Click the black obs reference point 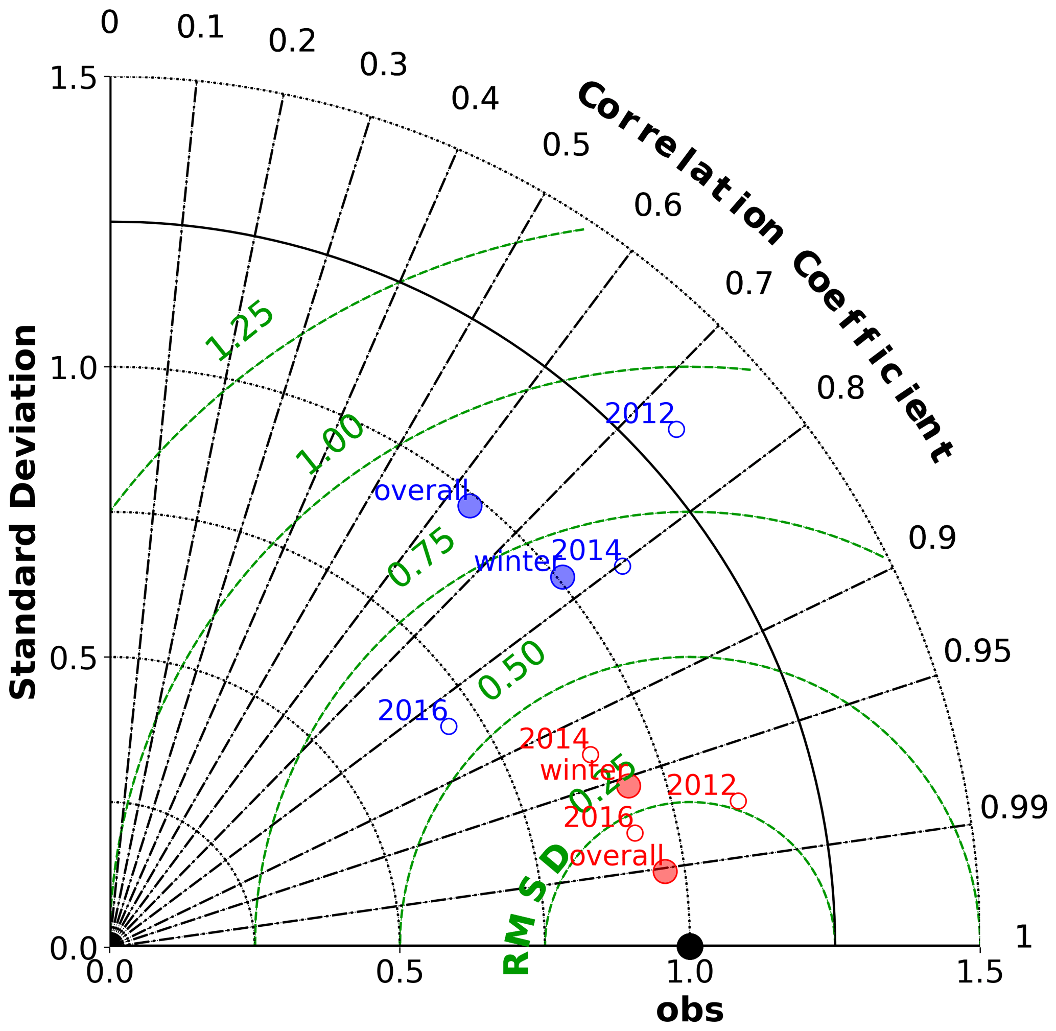pyautogui.click(x=689, y=947)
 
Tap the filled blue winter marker pyautogui.click(x=562, y=577)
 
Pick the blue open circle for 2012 pyautogui.click(x=676, y=429)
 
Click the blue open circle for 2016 pyautogui.click(x=449, y=726)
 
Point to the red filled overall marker pyautogui.click(x=665, y=872)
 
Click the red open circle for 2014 pyautogui.click(x=590, y=754)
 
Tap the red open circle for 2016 pyautogui.click(x=635, y=833)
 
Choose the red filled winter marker pyautogui.click(x=628, y=786)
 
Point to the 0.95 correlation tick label pyautogui.click(x=977, y=651)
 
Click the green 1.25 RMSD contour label pyautogui.click(x=240, y=331)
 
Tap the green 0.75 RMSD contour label pyautogui.click(x=422, y=559)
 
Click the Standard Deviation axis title pyautogui.click(x=24, y=512)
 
